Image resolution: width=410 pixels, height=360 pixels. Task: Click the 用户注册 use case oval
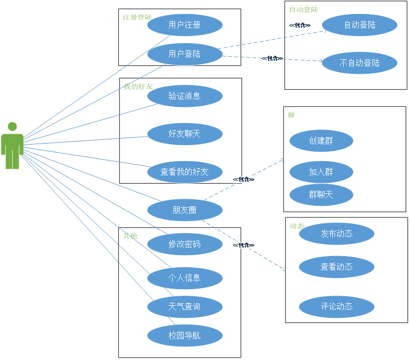point(185,25)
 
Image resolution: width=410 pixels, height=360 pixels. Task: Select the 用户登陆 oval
point(185,54)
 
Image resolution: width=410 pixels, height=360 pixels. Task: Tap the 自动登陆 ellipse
point(359,25)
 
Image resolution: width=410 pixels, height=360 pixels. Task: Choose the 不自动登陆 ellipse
point(359,63)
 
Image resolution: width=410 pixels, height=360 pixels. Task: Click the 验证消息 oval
point(185,96)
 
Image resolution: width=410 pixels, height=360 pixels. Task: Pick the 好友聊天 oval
point(185,134)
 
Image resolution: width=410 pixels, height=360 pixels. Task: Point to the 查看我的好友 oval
point(185,172)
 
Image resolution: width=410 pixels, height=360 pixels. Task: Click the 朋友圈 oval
point(185,210)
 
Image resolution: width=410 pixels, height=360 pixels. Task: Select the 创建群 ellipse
point(321,141)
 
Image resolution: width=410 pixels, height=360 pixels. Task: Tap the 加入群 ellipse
point(321,172)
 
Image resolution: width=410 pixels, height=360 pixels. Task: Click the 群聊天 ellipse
point(321,195)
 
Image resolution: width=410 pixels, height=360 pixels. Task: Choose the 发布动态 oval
point(337,233)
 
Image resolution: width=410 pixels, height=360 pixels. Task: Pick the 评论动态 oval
point(337,306)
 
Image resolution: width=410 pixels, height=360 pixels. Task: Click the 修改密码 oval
point(185,245)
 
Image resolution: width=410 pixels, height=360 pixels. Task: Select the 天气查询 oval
point(185,306)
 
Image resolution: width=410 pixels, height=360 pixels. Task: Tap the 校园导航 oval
point(185,335)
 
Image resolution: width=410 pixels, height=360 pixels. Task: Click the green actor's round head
point(12,126)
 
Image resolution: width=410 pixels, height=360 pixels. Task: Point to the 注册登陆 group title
point(137,18)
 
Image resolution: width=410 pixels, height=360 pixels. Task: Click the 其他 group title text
point(130,235)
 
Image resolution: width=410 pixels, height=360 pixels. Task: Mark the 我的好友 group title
point(139,86)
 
